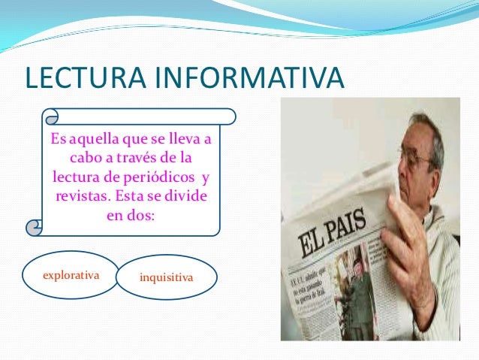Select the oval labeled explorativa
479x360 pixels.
71,275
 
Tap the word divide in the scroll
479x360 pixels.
188,196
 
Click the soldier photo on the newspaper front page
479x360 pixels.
352,301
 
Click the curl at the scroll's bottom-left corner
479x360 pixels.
35,226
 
